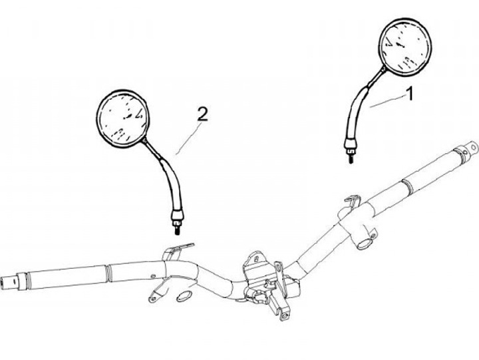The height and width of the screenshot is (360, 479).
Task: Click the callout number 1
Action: point(410,94)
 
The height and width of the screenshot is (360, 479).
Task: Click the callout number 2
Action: point(202,114)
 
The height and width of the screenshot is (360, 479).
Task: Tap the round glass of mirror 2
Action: point(123,119)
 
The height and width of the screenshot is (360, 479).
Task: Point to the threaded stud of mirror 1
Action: point(351,158)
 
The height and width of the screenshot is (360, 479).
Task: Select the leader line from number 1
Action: point(387,102)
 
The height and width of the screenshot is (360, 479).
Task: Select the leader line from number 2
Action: point(189,138)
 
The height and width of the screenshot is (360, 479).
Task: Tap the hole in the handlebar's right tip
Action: point(473,148)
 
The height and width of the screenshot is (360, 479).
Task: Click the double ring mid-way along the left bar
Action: point(108,273)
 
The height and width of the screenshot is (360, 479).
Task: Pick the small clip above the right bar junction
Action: point(353,200)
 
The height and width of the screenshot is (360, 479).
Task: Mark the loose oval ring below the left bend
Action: point(184,296)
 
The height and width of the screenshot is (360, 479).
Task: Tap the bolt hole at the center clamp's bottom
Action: point(285,316)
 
